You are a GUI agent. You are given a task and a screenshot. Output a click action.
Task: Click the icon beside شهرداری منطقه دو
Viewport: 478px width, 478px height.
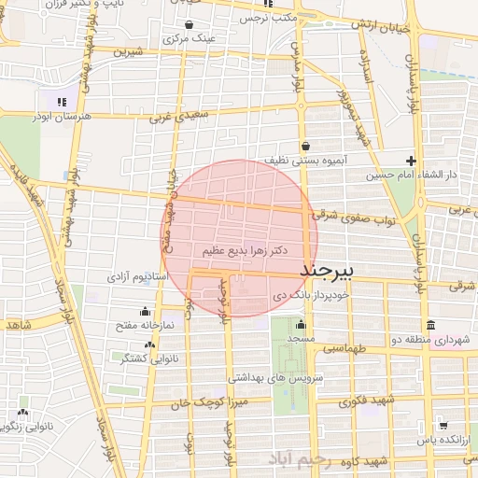click(x=429, y=325)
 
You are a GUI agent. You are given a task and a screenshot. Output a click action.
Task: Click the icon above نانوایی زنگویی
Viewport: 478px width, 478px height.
click(x=22, y=412)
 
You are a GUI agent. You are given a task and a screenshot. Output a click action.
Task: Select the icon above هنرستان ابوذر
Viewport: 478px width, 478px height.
click(x=62, y=102)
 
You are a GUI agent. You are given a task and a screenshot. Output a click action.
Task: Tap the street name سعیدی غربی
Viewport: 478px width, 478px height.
click(x=169, y=119)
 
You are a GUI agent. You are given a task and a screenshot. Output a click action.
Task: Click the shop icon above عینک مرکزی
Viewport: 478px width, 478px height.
click(x=190, y=25)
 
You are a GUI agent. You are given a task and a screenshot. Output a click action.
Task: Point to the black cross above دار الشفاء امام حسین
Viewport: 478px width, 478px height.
click(x=411, y=161)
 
